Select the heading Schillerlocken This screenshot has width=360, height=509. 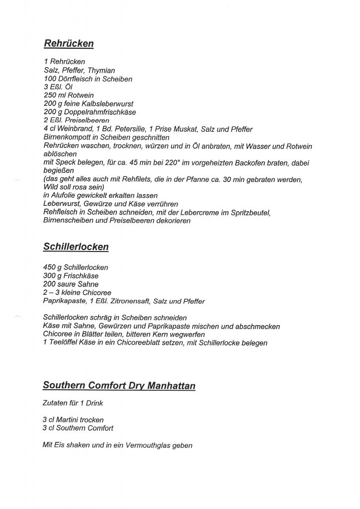pyautogui.click(x=76, y=247)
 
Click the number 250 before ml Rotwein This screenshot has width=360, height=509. pyautogui.click(x=50, y=95)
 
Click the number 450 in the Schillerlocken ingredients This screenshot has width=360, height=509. pyautogui.click(x=50, y=267)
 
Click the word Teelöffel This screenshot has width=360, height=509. pyautogui.click(x=66, y=343)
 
